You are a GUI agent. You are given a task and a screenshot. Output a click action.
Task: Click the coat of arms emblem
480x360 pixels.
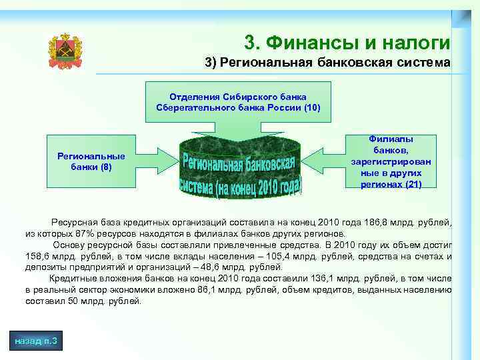[x=65, y=51]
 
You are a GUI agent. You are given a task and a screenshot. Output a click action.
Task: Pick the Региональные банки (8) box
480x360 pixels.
[x=91, y=161]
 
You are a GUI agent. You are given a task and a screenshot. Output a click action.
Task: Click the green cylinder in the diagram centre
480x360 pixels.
[x=241, y=167]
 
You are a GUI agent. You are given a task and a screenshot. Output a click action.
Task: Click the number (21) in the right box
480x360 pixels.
[x=413, y=184]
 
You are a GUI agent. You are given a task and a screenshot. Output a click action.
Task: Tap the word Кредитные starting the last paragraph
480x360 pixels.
[x=71, y=278]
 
